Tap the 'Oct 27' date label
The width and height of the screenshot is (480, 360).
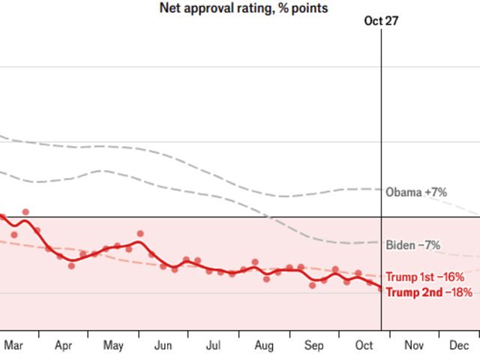click(381, 21)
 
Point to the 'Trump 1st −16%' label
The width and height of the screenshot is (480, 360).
click(429, 277)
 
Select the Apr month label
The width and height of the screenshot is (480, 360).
click(64, 346)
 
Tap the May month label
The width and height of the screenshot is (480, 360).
click(113, 346)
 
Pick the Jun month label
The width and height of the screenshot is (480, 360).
click(163, 346)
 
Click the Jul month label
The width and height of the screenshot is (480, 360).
click(213, 346)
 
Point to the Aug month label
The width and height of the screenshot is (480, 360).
click(264, 346)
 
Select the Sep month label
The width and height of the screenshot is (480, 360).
click(314, 346)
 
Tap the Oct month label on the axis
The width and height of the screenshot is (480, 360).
click(364, 346)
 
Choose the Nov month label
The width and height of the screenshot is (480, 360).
click(414, 346)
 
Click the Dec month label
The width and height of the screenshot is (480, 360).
click(459, 346)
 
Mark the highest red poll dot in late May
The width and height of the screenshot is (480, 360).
click(140, 234)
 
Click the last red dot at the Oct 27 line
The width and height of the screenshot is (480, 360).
click(380, 287)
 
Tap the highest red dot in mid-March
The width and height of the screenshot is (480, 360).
click(25, 212)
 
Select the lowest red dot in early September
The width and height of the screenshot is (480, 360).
click(312, 285)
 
